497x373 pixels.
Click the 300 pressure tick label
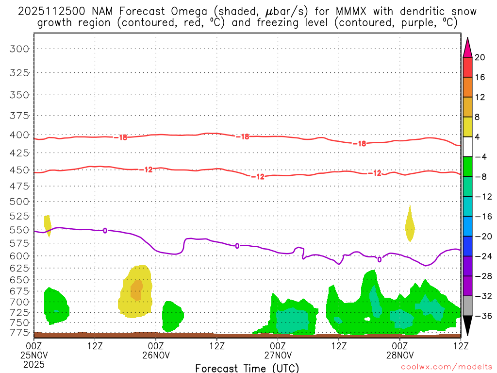(20, 49)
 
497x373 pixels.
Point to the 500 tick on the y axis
(20, 201)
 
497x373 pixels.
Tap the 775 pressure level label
(20, 332)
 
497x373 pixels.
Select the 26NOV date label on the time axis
(156, 355)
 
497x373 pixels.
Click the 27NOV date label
(278, 355)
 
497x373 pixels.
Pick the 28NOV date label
(399, 355)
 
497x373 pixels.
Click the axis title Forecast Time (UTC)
(247, 368)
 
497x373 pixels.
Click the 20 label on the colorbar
(480, 57)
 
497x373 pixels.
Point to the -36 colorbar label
(482, 316)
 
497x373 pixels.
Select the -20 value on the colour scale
(482, 237)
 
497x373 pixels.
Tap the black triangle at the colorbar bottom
(468, 326)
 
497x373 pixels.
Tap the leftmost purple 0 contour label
(105, 230)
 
